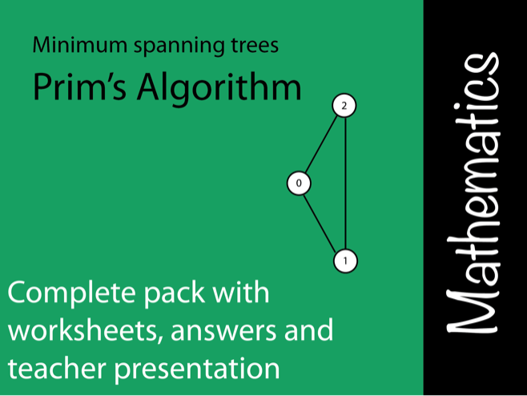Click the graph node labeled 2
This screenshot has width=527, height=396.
point(344,106)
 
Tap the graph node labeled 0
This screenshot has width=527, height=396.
point(299,183)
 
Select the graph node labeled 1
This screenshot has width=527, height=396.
point(345,261)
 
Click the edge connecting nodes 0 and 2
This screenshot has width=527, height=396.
point(321,144)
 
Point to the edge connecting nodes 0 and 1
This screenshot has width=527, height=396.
point(320,223)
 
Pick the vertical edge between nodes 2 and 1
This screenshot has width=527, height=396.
point(345,183)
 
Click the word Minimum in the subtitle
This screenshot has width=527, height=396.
point(79,45)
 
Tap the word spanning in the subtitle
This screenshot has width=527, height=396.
point(179,46)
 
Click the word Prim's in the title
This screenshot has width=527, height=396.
point(79,86)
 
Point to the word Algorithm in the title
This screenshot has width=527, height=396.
point(219,88)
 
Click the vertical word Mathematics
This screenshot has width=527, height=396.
point(473,193)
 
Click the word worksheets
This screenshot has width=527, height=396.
point(82,329)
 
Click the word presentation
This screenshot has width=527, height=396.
point(197,370)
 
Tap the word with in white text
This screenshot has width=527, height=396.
point(240,291)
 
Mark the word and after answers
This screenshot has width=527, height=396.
point(308,329)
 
